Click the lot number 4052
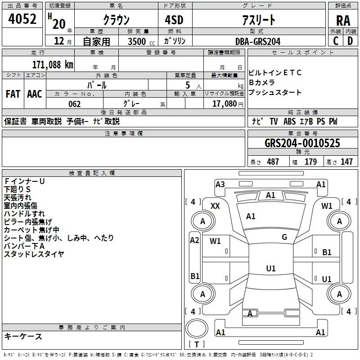pyautogui.click(x=22, y=19)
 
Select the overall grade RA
pyautogui.click(x=343, y=21)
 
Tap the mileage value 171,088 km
pyautogui.click(x=53, y=64)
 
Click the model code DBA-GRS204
pyautogui.click(x=258, y=41)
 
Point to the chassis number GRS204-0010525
pyautogui.click(x=302, y=143)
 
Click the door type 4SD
pyautogui.click(x=174, y=20)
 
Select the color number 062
pyautogui.click(x=75, y=104)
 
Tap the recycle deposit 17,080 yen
pyautogui.click(x=228, y=104)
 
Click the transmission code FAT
pyautogui.click(x=13, y=94)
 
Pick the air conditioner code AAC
pyautogui.click(x=35, y=94)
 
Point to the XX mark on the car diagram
pyautogui.click(x=215, y=206)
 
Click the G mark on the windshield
pyautogui.click(x=284, y=237)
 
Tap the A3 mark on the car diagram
pyautogui.click(x=220, y=184)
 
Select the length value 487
pyautogui.click(x=273, y=162)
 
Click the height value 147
pyautogui.click(x=346, y=162)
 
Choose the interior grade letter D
pyautogui.click(x=350, y=41)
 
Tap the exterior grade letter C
pyautogui.click(x=336, y=41)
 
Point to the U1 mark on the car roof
pyautogui.click(x=271, y=268)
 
